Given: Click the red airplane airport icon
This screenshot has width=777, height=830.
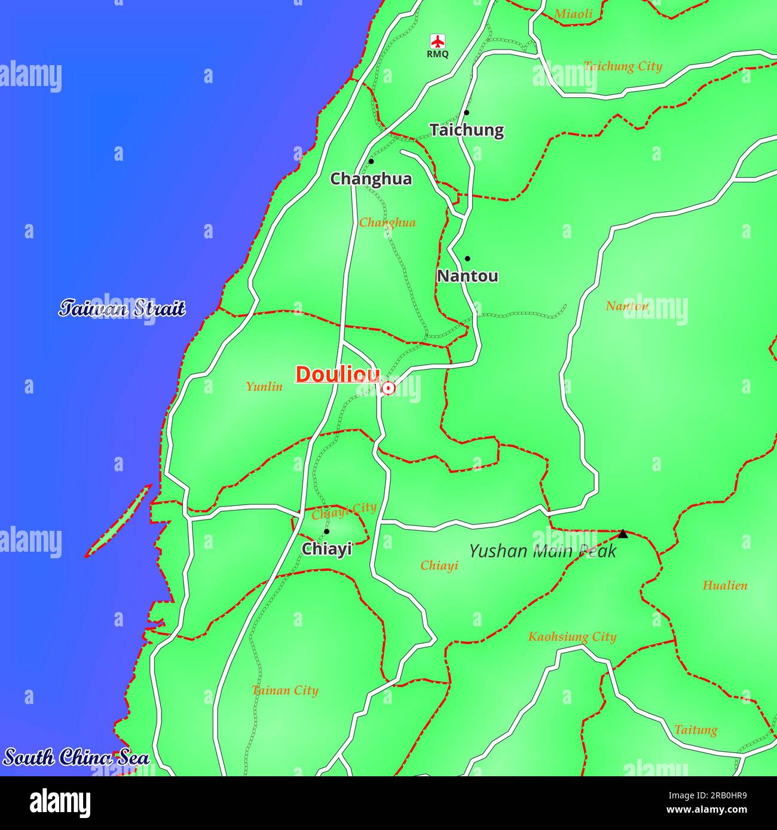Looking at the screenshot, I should point(438,41).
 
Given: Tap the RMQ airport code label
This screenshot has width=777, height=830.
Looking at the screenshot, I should point(438,54).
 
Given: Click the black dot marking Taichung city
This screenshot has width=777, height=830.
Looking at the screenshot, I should point(466,112).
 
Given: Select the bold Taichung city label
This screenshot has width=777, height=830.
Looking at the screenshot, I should point(466,130).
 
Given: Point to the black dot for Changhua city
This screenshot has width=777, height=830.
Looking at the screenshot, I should point(371,161).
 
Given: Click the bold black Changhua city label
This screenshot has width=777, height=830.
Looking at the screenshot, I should point(371,179).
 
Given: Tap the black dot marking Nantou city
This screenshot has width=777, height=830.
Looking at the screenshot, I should point(467,259).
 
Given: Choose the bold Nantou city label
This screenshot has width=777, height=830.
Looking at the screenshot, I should point(467,276).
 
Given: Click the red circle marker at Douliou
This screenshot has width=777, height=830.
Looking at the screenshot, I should point(389,389).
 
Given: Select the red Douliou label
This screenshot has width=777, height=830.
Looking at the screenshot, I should point(338,374).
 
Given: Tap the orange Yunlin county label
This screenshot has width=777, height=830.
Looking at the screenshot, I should point(264,387).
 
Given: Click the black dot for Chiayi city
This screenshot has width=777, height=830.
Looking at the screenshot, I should point(326,531).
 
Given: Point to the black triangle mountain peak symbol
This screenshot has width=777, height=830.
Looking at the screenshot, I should point(623,534).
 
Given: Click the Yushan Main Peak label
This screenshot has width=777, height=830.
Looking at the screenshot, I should point(542,551).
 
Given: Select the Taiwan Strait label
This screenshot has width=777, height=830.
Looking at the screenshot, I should point(122,309).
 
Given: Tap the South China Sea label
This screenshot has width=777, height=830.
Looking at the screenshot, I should point(77,758).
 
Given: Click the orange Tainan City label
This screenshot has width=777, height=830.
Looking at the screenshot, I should point(285,691).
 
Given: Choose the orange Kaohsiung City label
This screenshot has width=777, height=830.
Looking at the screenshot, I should point(572,637).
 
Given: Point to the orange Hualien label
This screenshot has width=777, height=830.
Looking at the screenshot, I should point(724,586).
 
